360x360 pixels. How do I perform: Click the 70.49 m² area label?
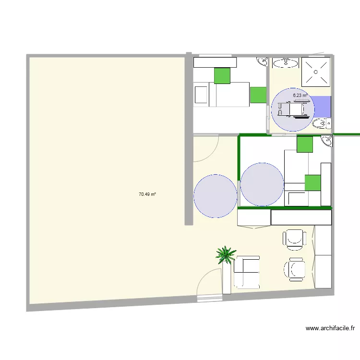[147, 194]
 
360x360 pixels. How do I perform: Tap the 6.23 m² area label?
[301, 95]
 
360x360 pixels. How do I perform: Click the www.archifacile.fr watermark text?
[330, 329]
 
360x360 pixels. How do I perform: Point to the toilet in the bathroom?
[321, 124]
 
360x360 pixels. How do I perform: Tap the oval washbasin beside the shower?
[286, 62]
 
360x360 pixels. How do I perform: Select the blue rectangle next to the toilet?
[323, 107]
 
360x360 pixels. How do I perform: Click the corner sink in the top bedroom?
[263, 62]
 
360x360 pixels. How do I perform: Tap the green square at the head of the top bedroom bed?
[222, 75]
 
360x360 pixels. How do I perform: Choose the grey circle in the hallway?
[216, 196]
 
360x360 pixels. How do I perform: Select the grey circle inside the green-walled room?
[262, 184]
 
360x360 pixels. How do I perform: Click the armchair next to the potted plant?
[246, 272]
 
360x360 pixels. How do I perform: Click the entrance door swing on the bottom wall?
[210, 285]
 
